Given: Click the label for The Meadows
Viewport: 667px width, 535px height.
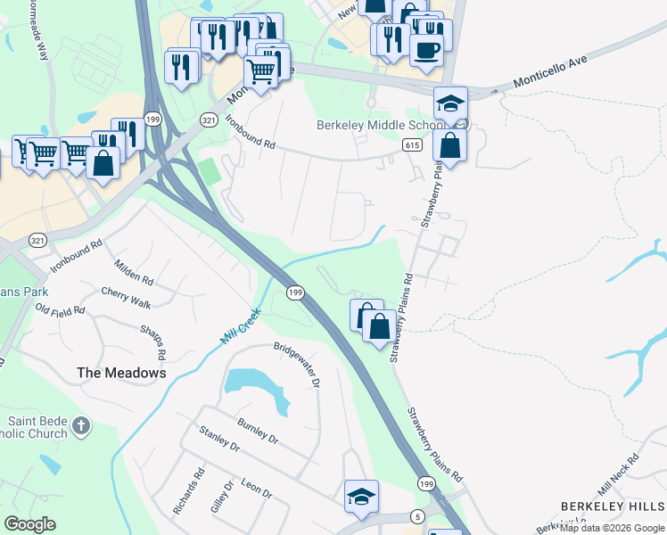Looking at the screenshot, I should click(x=121, y=373).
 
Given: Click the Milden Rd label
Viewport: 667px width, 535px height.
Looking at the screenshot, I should click(x=134, y=272).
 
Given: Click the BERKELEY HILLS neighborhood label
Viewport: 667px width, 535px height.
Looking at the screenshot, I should click(x=613, y=506).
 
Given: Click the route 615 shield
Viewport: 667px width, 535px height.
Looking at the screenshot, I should click(x=411, y=144).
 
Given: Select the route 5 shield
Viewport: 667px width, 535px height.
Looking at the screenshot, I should click(x=416, y=517).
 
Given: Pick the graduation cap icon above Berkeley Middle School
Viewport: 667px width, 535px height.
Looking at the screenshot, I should click(x=451, y=103).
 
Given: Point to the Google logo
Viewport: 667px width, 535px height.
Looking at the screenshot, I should click(x=29, y=524).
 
